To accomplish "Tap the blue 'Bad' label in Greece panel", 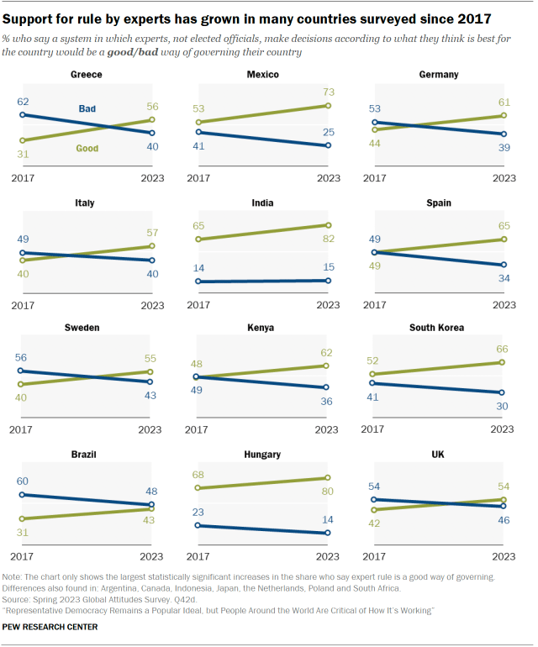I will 87,108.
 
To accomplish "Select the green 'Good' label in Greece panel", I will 87,149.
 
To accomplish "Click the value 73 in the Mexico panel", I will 328,91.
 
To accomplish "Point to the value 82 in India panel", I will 328,240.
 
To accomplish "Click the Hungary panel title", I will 262,455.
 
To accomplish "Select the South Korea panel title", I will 436,327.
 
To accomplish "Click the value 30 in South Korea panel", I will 502,407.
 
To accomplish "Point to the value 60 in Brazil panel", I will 23,481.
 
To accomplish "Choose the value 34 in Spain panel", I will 504,279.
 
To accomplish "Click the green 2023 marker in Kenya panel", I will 328,366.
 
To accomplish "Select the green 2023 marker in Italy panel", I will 151,246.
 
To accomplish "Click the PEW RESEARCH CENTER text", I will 50,627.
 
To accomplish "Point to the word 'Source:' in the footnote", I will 19,601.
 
